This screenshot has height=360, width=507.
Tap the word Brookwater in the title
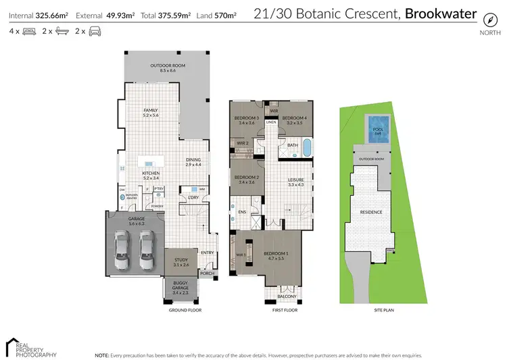point(440,14)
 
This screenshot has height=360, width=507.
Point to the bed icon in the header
point(28,31)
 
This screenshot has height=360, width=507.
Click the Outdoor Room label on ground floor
point(168,68)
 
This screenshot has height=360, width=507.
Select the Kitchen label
point(150,175)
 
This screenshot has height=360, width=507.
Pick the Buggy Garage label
point(180,286)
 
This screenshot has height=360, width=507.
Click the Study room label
point(180,261)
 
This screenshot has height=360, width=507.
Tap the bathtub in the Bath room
point(307,147)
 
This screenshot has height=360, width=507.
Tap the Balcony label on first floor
point(287,296)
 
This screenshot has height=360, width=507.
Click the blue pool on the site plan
point(375,126)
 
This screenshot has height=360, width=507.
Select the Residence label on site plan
point(371,212)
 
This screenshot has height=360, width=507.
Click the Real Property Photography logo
point(31,346)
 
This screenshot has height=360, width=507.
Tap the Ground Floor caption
point(185,310)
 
